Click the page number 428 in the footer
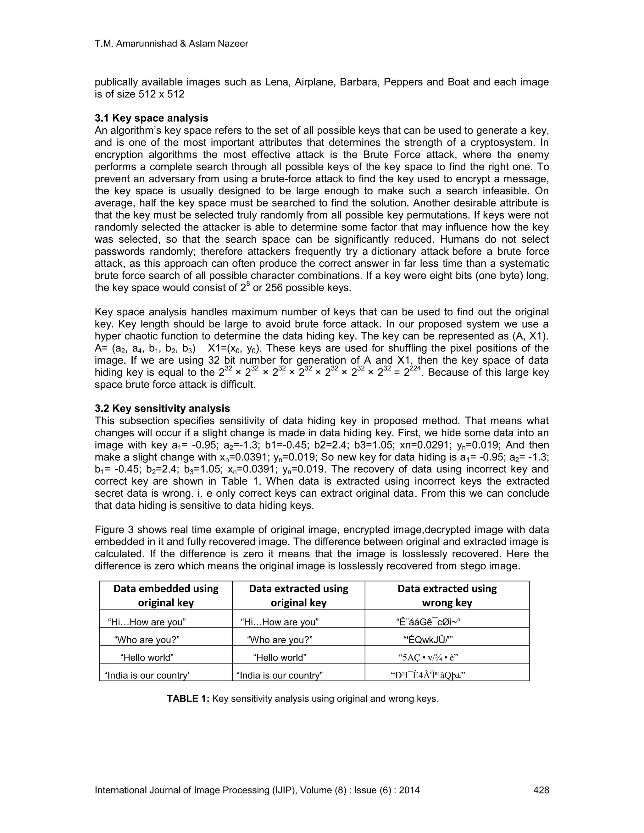tap(541, 790)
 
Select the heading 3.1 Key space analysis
tap(152, 118)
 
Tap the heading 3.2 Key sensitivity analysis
tap(162, 409)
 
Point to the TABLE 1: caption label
tap(188, 699)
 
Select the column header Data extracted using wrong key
tap(447, 595)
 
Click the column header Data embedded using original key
tap(166, 595)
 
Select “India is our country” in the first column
tap(147, 676)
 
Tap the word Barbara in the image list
tap(358, 82)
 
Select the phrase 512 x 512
tap(161, 94)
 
